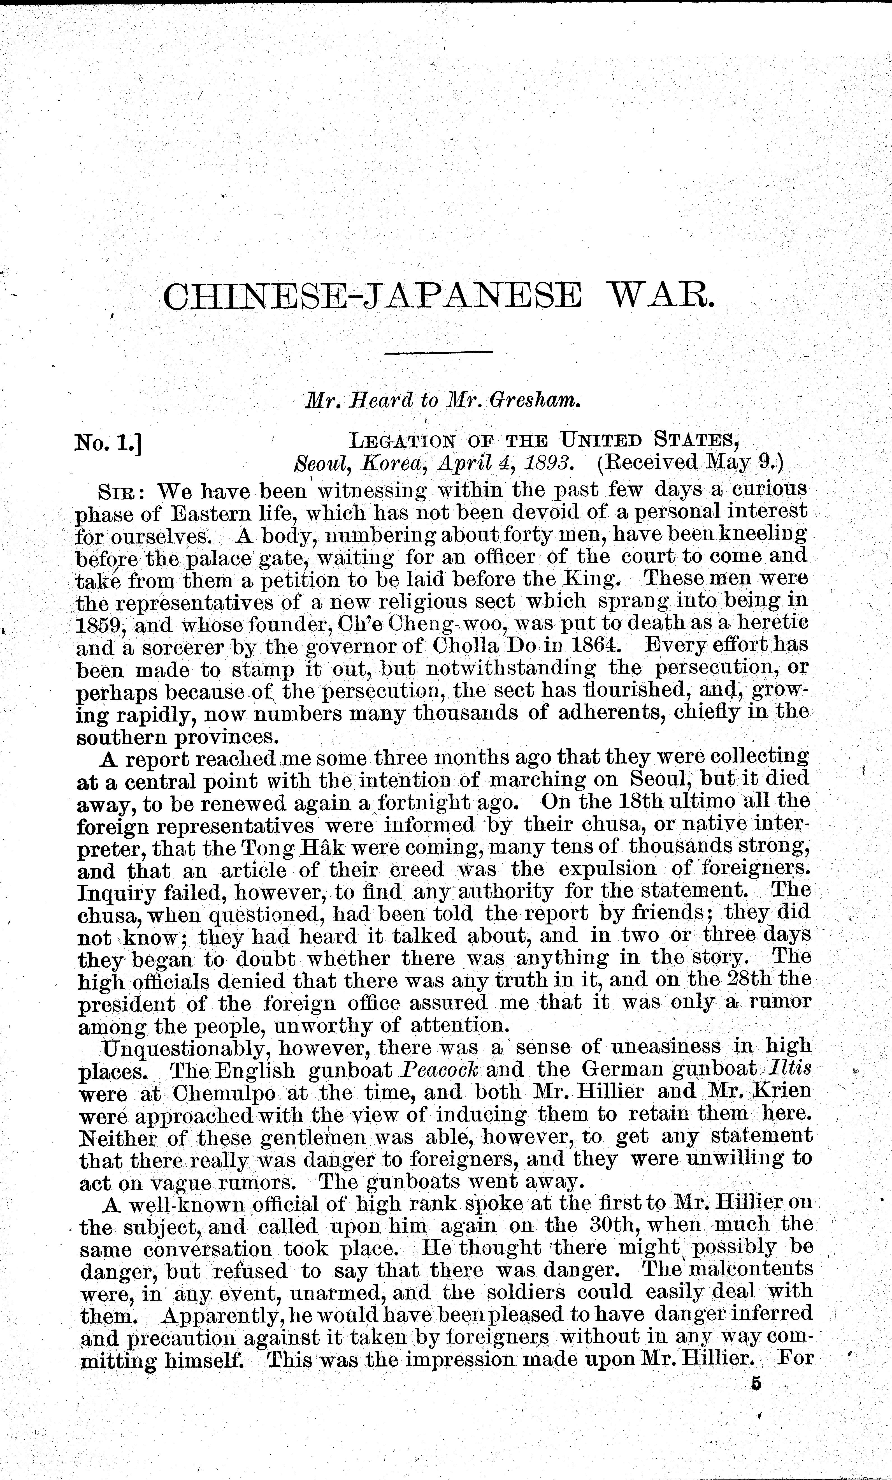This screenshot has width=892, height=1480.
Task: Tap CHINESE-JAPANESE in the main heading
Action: tap(372, 296)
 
